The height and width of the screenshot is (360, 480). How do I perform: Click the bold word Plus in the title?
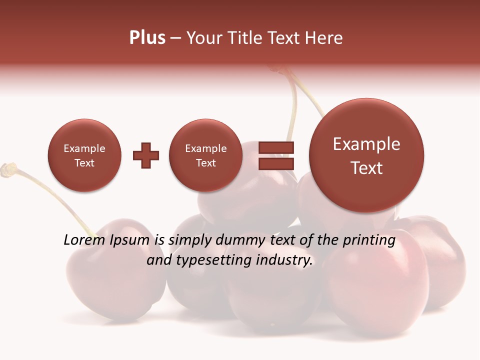coord(147,38)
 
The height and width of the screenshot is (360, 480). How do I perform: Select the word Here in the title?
coord(325,38)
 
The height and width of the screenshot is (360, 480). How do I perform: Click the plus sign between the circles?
coord(146,155)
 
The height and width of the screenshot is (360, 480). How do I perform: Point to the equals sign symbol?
coord(276,155)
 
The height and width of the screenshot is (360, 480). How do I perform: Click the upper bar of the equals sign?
coord(276,147)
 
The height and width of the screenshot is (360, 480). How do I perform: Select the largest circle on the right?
coord(366,155)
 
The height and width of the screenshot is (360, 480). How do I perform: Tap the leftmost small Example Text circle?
coord(84,155)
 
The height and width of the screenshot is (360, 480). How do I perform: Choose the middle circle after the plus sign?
coord(206,155)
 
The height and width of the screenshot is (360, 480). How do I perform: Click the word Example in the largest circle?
coord(366,144)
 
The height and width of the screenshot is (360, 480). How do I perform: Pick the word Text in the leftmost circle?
coord(84,163)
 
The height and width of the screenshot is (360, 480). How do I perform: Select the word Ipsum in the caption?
coord(130,240)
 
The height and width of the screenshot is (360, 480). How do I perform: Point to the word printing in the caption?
coord(369,240)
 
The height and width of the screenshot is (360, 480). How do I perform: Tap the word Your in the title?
coord(203,38)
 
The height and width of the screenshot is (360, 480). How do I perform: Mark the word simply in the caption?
coord(190,240)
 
